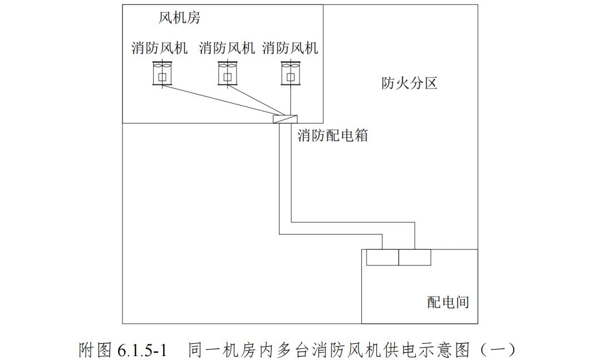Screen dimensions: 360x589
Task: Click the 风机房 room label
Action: point(179,18)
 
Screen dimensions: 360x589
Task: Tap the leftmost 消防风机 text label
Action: point(159,48)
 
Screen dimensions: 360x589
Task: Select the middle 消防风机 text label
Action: point(227,48)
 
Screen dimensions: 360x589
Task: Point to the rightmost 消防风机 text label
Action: point(290,48)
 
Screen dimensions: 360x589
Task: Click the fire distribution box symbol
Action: point(284,119)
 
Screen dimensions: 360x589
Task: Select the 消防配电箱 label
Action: point(332,135)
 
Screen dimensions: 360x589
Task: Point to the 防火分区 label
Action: point(409,83)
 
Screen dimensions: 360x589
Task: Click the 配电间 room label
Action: point(448,302)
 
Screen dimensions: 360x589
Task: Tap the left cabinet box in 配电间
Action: point(382,257)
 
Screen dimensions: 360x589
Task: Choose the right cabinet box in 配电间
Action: point(415,257)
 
